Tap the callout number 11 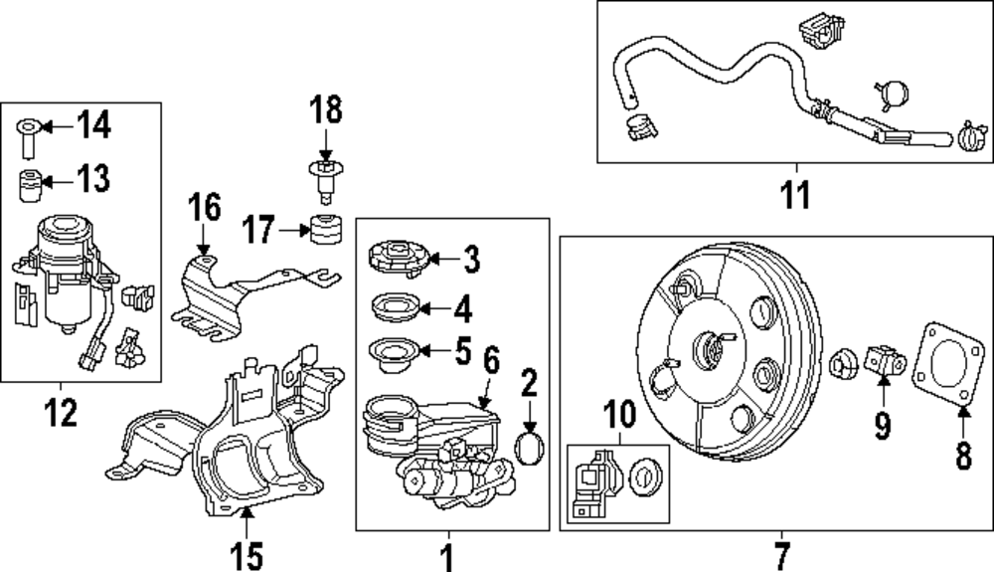click(794, 193)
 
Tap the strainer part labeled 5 click(392, 353)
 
